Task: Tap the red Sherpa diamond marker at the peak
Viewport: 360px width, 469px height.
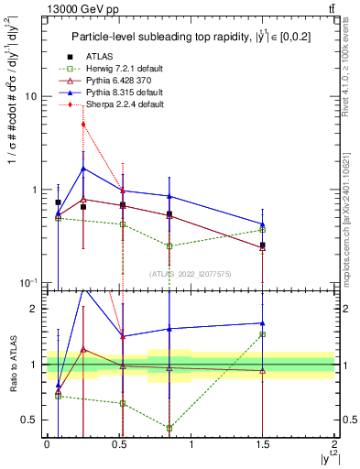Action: pyautogui.click(x=83, y=124)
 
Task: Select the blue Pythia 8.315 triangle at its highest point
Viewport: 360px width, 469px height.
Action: pyautogui.click(x=83, y=169)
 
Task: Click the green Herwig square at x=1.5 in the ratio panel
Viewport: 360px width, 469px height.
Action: pyautogui.click(x=263, y=334)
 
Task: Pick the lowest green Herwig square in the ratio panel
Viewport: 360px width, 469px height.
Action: pyautogui.click(x=169, y=428)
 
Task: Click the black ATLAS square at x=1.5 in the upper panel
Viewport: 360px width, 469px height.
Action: pyautogui.click(x=263, y=245)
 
